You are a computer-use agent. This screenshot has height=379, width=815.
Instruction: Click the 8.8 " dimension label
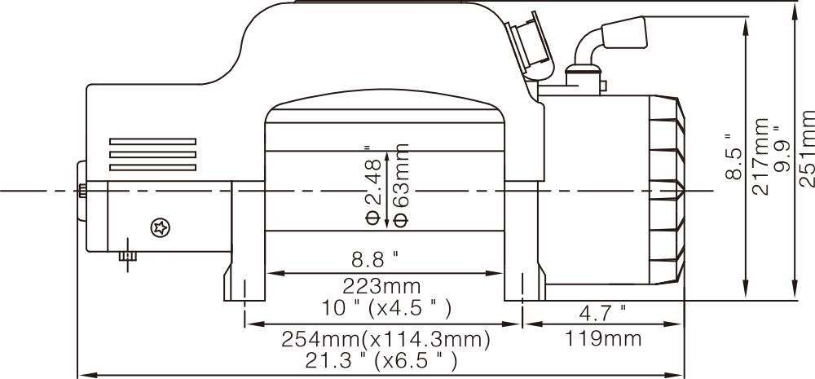click(374, 260)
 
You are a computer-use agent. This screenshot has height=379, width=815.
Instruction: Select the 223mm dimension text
click(384, 286)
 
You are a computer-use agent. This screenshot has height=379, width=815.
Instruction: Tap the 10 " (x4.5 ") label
click(388, 309)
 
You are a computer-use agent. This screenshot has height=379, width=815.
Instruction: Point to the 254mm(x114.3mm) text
click(385, 337)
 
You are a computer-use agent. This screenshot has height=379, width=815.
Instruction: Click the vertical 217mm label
click(760, 156)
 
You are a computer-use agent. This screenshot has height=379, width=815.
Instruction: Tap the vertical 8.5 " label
click(733, 156)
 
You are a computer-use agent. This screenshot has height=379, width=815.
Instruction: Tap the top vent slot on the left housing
click(152, 140)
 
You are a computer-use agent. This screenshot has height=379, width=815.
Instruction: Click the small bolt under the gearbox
click(126, 255)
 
